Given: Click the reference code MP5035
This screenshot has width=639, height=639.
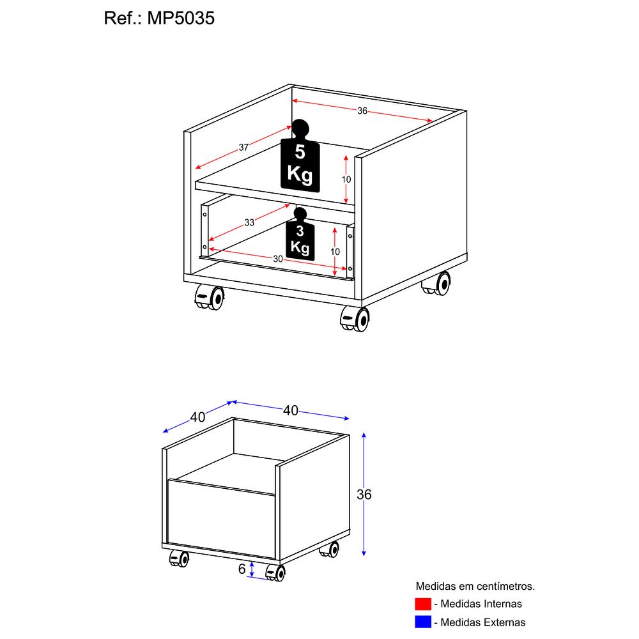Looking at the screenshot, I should coord(181,19).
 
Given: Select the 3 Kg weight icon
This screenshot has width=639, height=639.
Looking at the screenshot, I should coord(300,238).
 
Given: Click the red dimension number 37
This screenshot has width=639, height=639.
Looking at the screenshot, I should coord(243,147).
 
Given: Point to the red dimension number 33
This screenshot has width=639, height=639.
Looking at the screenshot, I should coord(249,222).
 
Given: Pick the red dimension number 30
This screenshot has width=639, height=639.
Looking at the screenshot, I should coord(278,258).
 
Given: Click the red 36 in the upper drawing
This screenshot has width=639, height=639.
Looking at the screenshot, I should coord(362,111).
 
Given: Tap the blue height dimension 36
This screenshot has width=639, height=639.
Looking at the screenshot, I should coord(364,494).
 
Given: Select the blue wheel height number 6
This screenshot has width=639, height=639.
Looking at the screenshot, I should coord(242,568).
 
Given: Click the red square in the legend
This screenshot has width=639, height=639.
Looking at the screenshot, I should coord(424,603).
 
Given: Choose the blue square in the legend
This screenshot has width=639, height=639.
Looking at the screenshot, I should coord(424,621).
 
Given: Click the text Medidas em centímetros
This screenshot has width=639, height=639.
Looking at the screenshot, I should coord(475,585).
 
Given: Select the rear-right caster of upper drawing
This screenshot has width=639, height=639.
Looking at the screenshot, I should coord(437,284).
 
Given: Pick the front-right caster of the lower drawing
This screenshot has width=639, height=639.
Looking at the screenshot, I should coord(275,573).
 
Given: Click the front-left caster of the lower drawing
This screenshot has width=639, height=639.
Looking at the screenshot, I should coord(179,559).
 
